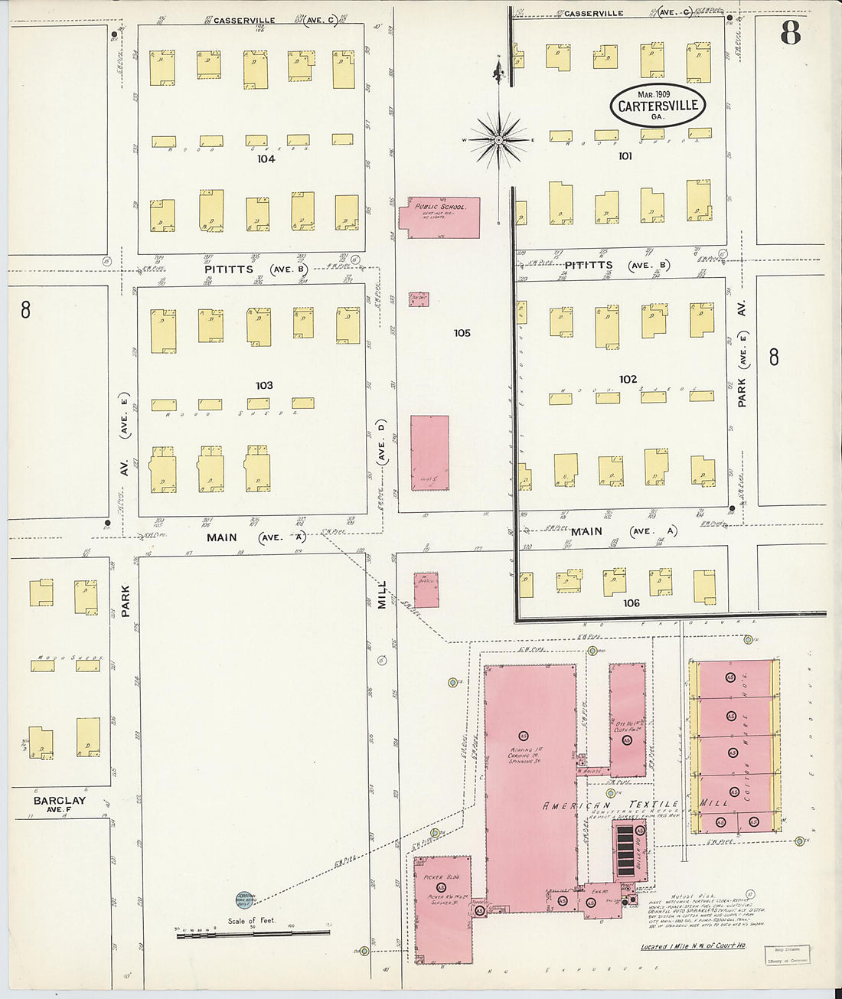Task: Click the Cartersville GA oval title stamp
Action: click(657, 105)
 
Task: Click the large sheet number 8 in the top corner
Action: click(790, 33)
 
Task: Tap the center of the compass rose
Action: click(498, 140)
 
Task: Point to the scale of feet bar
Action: click(253, 933)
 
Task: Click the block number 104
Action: click(266, 159)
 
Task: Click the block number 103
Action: click(264, 385)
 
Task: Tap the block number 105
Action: click(462, 333)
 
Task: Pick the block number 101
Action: click(625, 156)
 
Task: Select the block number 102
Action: click(628, 379)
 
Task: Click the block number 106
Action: click(631, 603)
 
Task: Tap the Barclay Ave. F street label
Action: click(59, 804)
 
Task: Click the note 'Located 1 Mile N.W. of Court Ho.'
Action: click(693, 947)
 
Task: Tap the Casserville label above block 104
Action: click(244, 21)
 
